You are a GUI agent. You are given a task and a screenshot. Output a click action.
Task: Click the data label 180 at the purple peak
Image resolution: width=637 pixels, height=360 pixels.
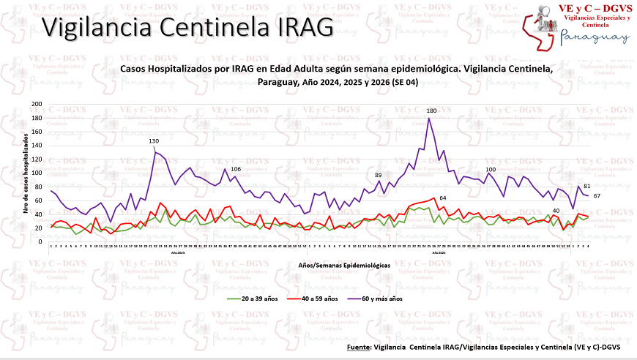pos(431,110)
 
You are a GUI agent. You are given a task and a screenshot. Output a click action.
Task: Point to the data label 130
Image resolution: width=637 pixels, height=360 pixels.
pos(154,140)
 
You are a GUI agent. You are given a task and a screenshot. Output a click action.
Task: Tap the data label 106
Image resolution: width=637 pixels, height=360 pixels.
pos(236,169)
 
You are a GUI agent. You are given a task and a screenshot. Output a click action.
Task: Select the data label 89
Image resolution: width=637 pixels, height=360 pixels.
pos(378,175)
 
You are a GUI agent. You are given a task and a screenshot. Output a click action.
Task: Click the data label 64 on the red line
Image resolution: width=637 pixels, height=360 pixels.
pos(443,198)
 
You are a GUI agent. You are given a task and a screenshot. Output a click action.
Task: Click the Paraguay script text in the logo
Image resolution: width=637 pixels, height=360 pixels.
pos(594,39)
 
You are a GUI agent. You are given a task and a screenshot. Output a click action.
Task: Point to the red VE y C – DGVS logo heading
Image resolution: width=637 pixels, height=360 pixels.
pos(595,7)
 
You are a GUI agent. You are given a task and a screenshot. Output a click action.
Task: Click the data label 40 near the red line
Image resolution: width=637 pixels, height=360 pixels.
pos(556,211)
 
